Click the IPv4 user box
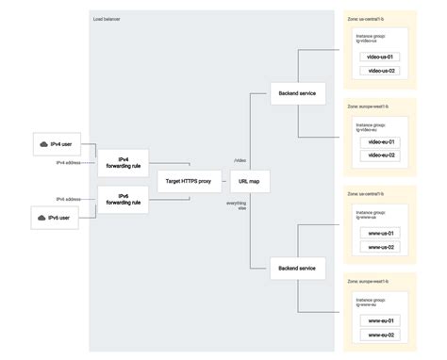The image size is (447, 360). pos(54,145)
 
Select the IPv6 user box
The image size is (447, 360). pos(54,218)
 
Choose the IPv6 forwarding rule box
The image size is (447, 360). pos(123,199)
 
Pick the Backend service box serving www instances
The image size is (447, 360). pos(297,269)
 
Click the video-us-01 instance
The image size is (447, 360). pos(381,57)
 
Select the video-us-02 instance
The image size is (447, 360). pos(381,71)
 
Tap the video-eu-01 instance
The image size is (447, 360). pos(381,141)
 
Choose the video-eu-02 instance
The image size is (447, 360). pos(381,155)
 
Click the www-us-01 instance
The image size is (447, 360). pos(381,233)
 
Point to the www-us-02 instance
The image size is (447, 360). pos(381,247)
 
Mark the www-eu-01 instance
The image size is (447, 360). pos(381,320)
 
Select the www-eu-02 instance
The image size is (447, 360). pos(381,335)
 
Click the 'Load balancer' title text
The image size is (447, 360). pos(107,19)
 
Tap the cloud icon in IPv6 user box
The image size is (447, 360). pos(41,218)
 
